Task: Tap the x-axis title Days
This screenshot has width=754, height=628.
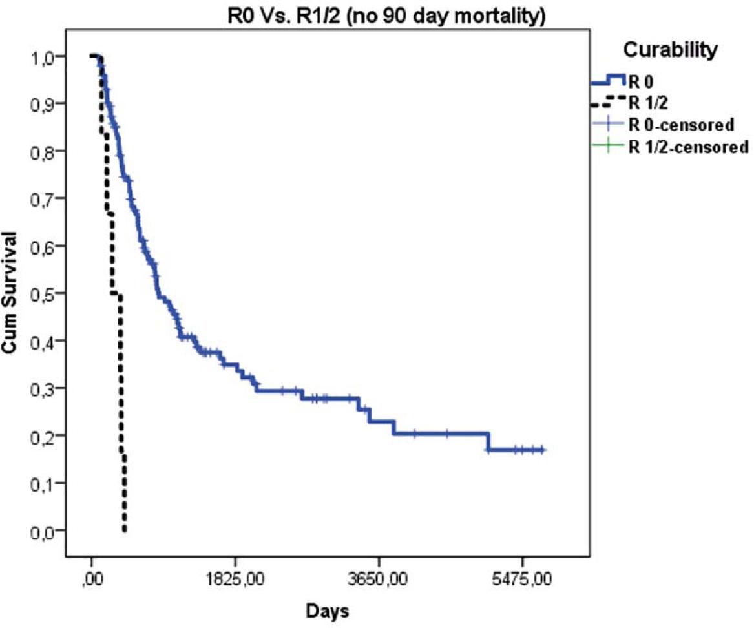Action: (x=328, y=611)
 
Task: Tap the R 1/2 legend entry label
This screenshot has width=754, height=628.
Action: (x=646, y=102)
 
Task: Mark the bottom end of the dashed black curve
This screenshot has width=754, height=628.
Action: (x=124, y=530)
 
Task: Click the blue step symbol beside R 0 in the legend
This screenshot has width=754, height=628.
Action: (x=608, y=80)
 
